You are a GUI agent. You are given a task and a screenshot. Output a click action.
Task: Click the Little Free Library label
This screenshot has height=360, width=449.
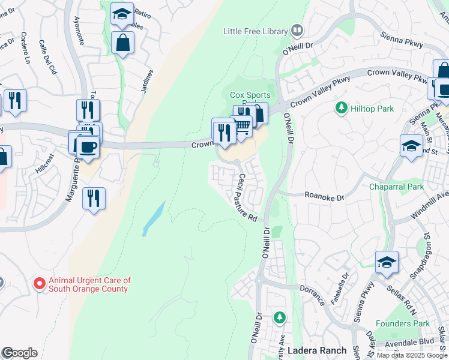pos(256,31)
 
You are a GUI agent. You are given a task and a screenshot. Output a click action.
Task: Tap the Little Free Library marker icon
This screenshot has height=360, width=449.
pos(297,30)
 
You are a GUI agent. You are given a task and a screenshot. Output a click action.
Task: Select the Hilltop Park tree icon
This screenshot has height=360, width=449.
pos(341,108)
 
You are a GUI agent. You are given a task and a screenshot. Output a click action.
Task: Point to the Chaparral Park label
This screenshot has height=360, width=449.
pos(397,187)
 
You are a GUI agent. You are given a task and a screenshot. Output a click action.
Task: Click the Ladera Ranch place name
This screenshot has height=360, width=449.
pos(317,350)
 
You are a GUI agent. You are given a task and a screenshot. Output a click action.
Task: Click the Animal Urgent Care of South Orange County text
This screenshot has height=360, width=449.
pos(89,284)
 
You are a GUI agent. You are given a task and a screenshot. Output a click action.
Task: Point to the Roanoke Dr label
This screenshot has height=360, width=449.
pos(324,196)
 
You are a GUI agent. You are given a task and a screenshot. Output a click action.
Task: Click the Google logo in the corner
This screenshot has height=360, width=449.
pos(19,353)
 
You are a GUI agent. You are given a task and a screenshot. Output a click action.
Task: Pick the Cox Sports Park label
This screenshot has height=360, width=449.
pos(250,95)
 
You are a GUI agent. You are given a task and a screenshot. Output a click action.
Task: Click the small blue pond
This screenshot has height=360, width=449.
pos(154,218)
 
